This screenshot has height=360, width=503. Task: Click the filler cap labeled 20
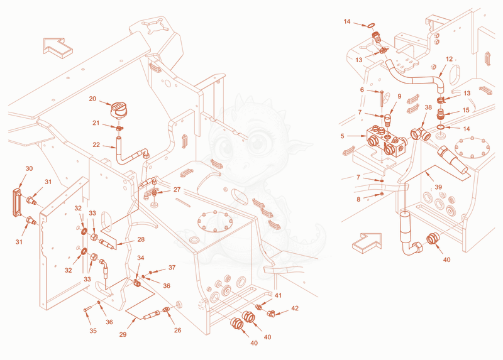[x=118, y=110]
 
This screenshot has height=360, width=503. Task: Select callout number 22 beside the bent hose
[x=96, y=145]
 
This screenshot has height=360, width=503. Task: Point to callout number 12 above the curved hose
[x=449, y=59]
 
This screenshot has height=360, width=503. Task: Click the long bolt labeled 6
[x=381, y=99]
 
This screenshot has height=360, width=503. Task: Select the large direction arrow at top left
[x=58, y=48]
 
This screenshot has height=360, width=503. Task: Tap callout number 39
[x=438, y=187]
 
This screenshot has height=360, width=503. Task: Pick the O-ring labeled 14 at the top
[x=371, y=25]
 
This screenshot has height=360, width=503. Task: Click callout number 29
[x=123, y=334]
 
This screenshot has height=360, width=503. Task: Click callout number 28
[x=141, y=239]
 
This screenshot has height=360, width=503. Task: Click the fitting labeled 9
[x=388, y=121]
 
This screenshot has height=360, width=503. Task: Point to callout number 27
[x=177, y=190]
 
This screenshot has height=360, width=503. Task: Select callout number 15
[x=466, y=110]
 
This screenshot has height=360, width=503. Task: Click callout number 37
[x=172, y=268]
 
